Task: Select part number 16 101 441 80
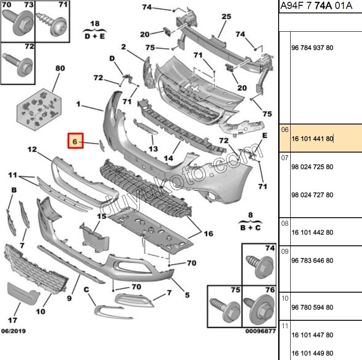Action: [x=312, y=139]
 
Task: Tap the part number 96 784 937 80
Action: [x=312, y=48]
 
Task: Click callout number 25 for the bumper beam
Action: [x=226, y=17]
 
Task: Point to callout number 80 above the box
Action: [x=60, y=69]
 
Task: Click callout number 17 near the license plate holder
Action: [x=13, y=320]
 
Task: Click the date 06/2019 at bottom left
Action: [x=13, y=331]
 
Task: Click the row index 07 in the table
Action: [x=285, y=158]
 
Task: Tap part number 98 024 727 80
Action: [x=312, y=195]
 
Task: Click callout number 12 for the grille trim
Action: [x=32, y=150]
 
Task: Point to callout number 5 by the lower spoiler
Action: [x=187, y=295]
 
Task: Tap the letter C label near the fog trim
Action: [x=86, y=290]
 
